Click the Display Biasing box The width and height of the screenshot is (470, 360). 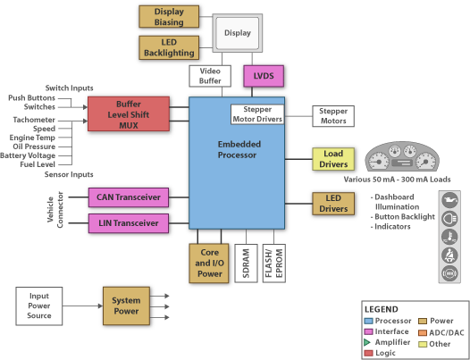[x=169, y=16]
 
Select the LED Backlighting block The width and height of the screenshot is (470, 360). [x=169, y=47]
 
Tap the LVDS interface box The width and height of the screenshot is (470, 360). [x=264, y=76]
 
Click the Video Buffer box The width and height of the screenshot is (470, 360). [x=210, y=76]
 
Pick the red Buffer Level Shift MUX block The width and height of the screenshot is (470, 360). [x=129, y=114]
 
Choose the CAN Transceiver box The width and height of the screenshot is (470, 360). [x=129, y=197]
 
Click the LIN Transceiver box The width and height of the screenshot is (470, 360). [x=129, y=223]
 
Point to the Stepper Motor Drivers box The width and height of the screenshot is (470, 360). [x=257, y=114]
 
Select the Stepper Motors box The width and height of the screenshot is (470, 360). [x=333, y=116]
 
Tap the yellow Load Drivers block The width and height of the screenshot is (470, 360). [x=333, y=159]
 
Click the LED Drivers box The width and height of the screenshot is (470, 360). [x=333, y=204]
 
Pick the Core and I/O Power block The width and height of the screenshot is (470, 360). [x=209, y=264]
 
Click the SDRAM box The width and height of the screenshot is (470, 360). [x=246, y=264]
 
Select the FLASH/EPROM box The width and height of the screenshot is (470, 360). [x=274, y=264]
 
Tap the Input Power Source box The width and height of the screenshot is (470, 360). [x=39, y=306]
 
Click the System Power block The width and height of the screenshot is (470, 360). [x=126, y=306]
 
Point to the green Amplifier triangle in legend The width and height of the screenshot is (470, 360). [x=367, y=342]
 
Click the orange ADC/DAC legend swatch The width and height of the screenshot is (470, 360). [x=423, y=332]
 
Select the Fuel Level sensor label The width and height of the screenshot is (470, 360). [x=38, y=164]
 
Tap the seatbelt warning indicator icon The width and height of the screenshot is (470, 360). [x=449, y=255]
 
